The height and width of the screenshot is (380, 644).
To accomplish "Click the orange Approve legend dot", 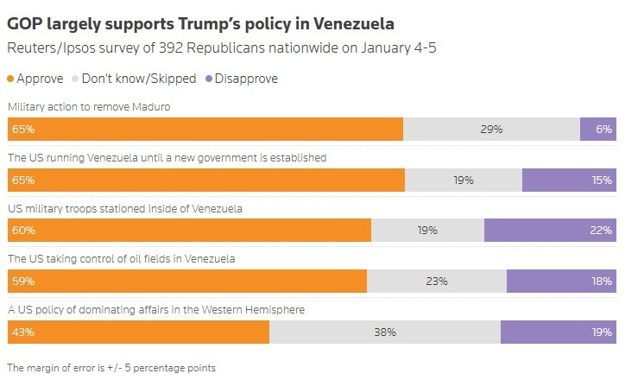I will click(x=11, y=79).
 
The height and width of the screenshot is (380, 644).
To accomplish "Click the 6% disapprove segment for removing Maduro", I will click(x=598, y=129).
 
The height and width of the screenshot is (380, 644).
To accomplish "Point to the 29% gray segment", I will click(x=491, y=129).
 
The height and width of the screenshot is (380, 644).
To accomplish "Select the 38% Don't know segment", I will click(x=384, y=332).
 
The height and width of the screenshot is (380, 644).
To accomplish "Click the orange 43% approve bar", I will click(x=138, y=332).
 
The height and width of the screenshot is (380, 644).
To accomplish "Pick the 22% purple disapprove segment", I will click(x=550, y=231).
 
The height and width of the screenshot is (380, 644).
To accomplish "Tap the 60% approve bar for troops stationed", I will click(x=189, y=231).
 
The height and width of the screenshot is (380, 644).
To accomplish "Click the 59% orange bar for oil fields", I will click(x=187, y=281).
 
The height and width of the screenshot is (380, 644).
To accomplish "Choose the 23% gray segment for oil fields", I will click(x=437, y=281).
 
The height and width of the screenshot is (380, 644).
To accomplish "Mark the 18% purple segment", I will click(x=561, y=281).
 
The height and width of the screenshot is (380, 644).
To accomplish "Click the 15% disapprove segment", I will click(x=569, y=180).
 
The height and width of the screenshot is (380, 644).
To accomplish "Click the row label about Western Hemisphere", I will click(x=155, y=309).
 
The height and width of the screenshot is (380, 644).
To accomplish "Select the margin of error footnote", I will click(x=110, y=367).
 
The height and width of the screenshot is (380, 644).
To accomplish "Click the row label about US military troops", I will click(x=124, y=208).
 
